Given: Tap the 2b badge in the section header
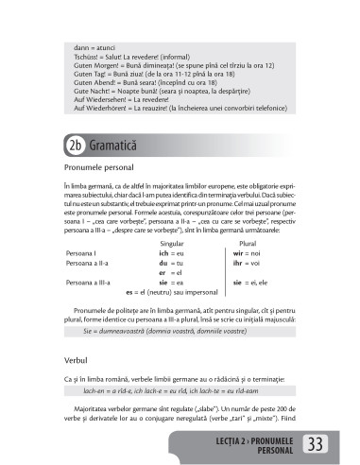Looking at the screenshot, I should (75, 145).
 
